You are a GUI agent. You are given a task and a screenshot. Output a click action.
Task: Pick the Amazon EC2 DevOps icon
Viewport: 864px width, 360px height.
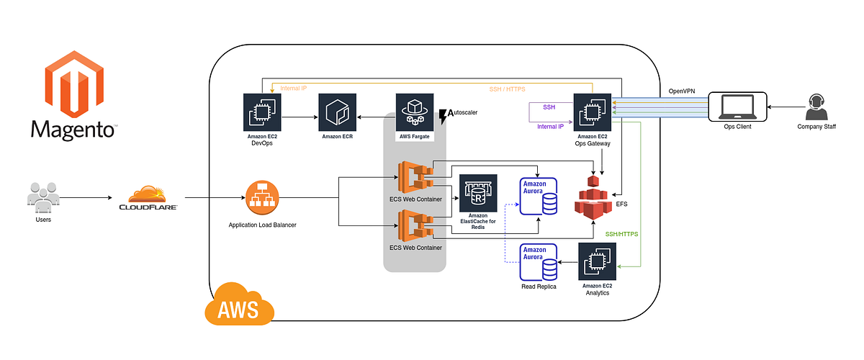[262, 112]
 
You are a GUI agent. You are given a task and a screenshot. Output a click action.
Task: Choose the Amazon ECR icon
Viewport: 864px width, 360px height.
[337, 112]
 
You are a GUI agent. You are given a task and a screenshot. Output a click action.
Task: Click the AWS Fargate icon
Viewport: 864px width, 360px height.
[414, 112]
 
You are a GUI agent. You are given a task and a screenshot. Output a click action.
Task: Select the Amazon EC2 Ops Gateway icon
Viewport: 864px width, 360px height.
[592, 112]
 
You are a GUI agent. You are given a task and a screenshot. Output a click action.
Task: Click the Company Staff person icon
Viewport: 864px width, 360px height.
[816, 108]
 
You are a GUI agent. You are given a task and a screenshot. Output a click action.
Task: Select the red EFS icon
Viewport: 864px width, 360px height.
[593, 198]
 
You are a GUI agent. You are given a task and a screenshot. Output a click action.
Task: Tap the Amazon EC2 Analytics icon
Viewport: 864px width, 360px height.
[597, 263]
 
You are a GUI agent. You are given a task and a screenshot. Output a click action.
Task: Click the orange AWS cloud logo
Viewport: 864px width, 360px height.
[240, 306]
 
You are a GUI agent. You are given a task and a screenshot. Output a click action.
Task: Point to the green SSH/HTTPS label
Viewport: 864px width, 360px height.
[621, 234]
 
